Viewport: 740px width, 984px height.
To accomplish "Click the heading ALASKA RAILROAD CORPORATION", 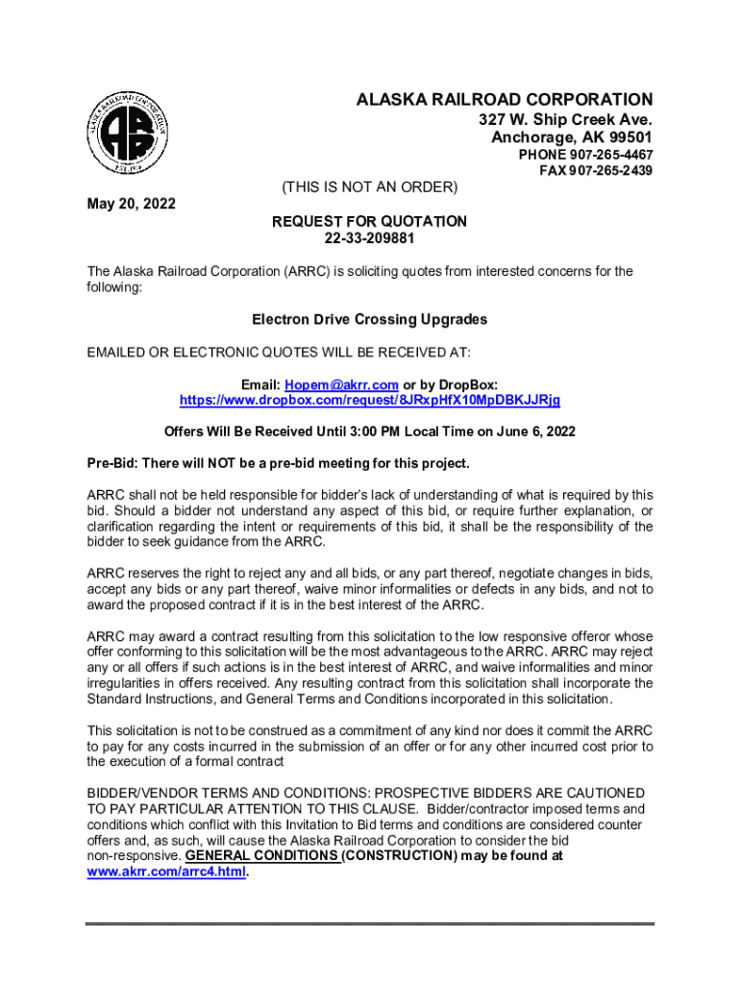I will click(505, 100).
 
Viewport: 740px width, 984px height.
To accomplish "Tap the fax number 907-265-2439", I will click(604, 170).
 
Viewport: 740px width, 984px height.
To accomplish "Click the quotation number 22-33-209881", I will click(370, 238).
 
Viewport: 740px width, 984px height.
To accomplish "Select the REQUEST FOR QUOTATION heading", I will click(370, 221).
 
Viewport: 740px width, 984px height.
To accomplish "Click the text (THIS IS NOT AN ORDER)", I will click(369, 185).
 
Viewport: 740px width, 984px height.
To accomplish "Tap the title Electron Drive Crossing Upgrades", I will click(370, 319).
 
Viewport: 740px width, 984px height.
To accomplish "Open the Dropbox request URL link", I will click(370, 399).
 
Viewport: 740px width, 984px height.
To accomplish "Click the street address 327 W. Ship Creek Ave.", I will click(566, 120).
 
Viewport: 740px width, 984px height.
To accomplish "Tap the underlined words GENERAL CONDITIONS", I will click(261, 855).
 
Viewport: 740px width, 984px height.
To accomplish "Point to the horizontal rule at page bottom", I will click(370, 924).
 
